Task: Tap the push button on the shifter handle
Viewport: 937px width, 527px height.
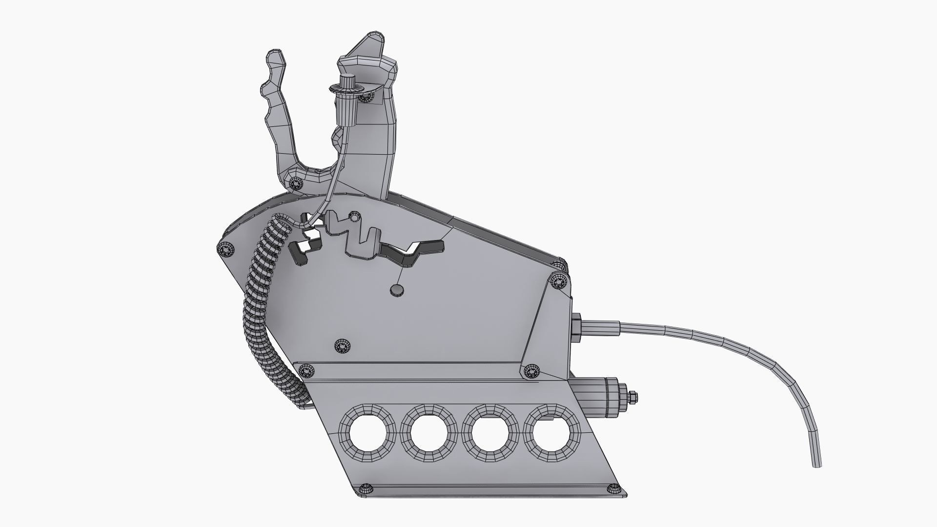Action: [x=347, y=80]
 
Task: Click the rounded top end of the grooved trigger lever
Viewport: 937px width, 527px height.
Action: [x=275, y=54]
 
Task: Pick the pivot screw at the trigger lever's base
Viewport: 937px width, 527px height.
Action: [x=295, y=183]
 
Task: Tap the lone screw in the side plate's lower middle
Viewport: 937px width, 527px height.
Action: [x=342, y=346]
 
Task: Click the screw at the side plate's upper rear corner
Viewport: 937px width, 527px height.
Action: [x=557, y=282]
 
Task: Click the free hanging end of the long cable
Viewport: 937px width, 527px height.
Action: [x=815, y=466]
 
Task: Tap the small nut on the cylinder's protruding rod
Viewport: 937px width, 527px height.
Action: [x=632, y=398]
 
